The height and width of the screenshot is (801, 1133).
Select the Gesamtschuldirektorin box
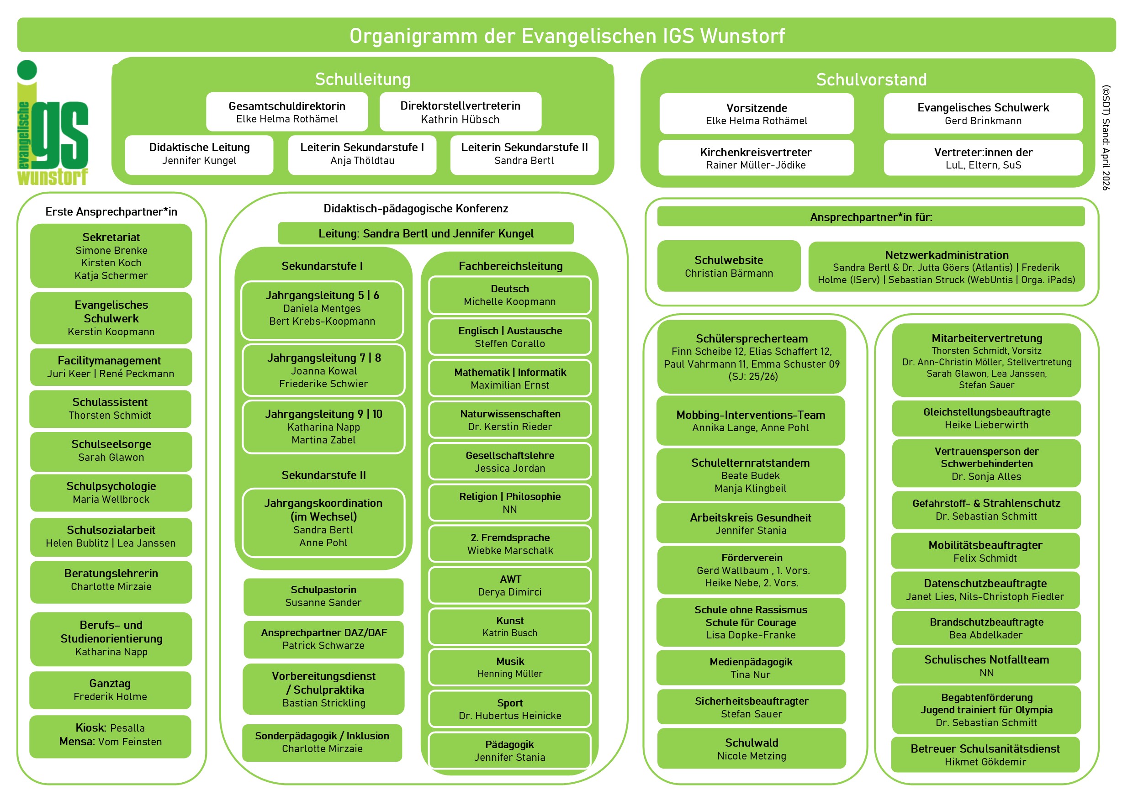tap(287, 112)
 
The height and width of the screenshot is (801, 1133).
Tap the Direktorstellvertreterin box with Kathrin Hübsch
tap(460, 112)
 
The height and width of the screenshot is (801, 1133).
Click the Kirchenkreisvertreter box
tap(756, 158)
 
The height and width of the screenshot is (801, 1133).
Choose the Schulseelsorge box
tap(111, 451)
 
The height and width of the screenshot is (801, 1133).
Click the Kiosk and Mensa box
tap(110, 735)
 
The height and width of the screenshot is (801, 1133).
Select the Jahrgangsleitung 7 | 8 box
tap(324, 370)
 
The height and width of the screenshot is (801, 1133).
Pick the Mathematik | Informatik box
tap(510, 378)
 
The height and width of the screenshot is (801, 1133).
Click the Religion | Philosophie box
tap(510, 503)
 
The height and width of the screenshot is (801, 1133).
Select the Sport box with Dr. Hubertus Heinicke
tap(510, 709)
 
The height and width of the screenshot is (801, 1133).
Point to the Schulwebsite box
tap(728, 266)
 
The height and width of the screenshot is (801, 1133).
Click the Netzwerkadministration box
tap(946, 267)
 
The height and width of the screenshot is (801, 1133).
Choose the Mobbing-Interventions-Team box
tap(750, 421)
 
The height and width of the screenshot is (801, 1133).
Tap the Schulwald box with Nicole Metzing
tap(751, 749)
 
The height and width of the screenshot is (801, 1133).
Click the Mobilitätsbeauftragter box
tap(985, 551)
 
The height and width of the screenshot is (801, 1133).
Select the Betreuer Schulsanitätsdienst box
tap(985, 754)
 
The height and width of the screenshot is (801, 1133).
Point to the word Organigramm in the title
tap(413, 36)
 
